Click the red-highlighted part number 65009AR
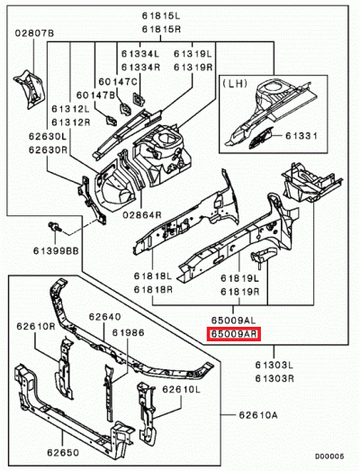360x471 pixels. click(234, 334)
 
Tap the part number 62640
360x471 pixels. click(103, 317)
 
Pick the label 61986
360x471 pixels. click(128, 332)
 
